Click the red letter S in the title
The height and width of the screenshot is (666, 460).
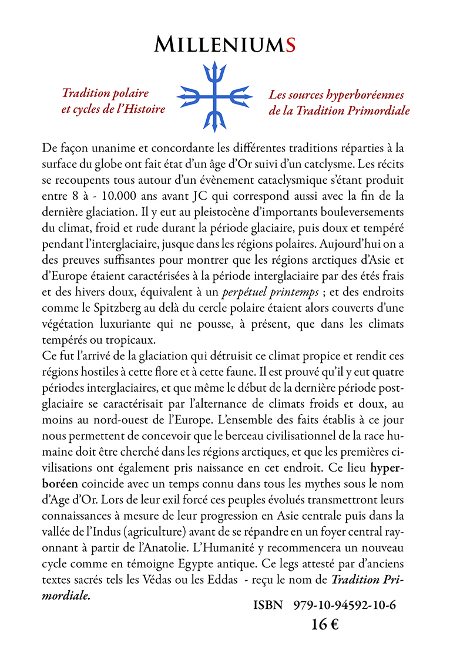(288, 44)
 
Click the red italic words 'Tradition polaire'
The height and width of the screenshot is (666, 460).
(105, 93)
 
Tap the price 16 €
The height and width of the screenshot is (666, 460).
(325, 624)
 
